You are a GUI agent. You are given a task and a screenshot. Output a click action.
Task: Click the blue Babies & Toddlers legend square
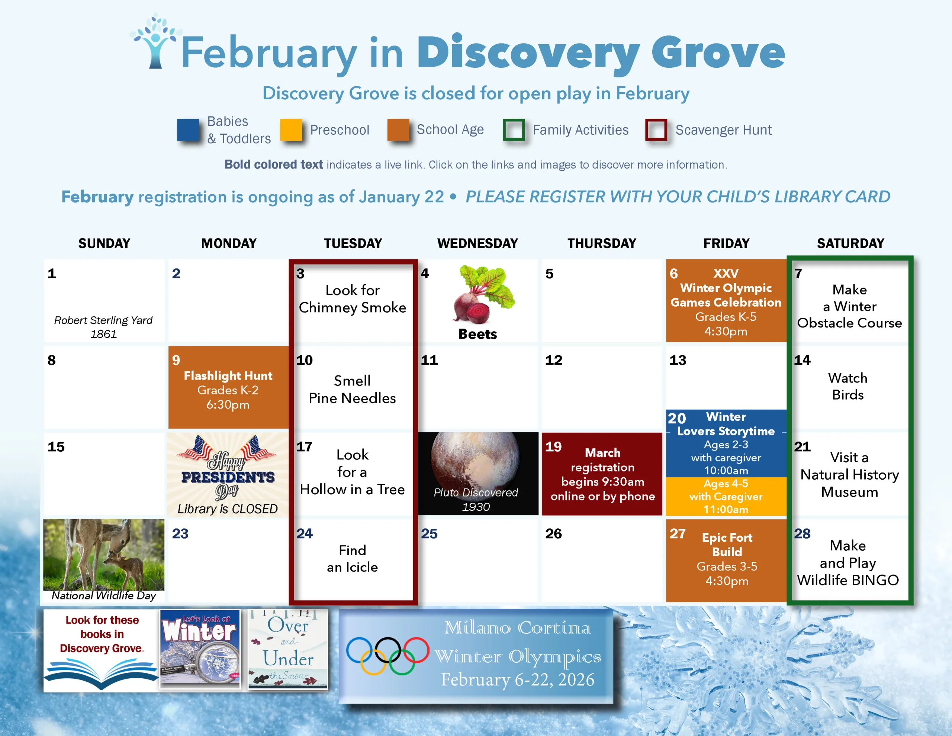[188, 129]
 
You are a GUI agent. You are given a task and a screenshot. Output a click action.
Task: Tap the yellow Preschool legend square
[291, 129]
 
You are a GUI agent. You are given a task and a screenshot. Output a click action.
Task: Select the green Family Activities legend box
[514, 129]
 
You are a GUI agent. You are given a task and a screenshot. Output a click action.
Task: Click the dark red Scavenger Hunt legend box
[656, 129]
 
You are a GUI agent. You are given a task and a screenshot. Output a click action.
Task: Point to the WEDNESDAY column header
[477, 243]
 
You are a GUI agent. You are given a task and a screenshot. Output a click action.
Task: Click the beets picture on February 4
[483, 294]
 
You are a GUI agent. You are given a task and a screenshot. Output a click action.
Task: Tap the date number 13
[678, 360]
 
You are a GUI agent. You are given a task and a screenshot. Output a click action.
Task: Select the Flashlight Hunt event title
[228, 376]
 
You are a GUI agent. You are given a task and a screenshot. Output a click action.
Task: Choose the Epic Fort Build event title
[727, 544]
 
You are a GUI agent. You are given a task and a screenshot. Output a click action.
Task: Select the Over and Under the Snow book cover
[288, 649]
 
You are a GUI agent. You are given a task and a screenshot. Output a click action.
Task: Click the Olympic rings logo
[387, 655]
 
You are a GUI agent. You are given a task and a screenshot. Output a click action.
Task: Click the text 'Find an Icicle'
[352, 559]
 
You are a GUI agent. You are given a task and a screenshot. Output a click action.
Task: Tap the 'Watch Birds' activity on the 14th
[848, 386]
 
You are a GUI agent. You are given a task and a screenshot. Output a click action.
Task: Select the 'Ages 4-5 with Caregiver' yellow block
[726, 496]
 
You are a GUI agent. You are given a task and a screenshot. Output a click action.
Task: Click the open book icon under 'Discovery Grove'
[101, 672]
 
